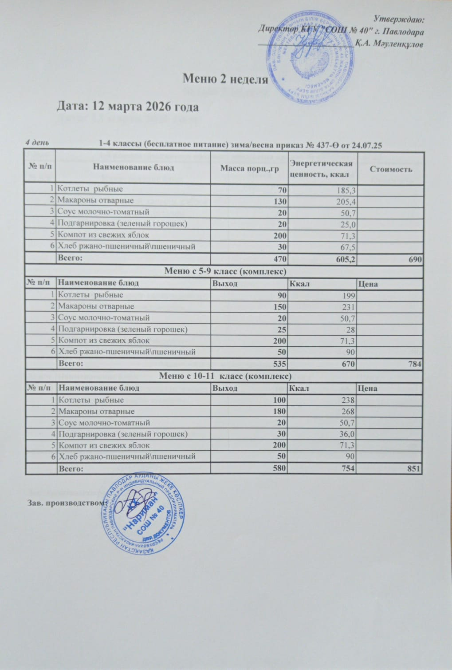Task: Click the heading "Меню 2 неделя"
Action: pyautogui.click(x=225, y=79)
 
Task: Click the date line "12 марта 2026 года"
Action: pyautogui.click(x=128, y=107)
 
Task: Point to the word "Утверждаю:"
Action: pyautogui.click(x=399, y=19)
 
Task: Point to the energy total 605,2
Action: pyautogui.click(x=343, y=259)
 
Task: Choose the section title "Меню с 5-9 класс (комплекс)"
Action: pyautogui.click(x=224, y=271)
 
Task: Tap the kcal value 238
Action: pyautogui.click(x=347, y=400)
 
